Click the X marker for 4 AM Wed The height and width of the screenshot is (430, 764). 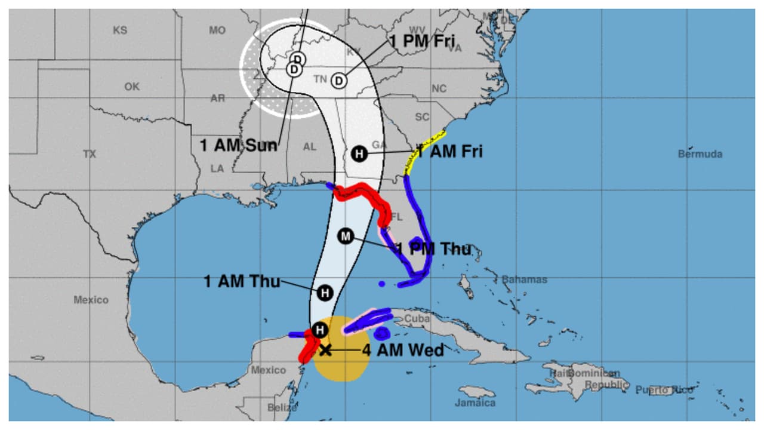[325, 350]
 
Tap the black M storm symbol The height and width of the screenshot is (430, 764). [345, 236]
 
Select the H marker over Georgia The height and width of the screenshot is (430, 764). [359, 153]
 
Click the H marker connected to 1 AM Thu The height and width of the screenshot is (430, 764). [325, 293]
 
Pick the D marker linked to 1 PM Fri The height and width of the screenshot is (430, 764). [339, 81]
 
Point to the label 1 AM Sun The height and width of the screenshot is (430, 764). [238, 145]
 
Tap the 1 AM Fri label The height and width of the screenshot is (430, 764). [449, 152]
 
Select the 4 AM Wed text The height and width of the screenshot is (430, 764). [403, 350]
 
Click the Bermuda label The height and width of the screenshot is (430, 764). [700, 154]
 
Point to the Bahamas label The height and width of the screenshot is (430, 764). [524, 279]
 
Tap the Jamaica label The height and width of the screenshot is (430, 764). [475, 403]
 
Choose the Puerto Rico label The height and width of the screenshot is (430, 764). [664, 390]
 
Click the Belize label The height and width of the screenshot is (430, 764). [282, 408]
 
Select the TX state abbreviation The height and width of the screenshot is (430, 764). [90, 154]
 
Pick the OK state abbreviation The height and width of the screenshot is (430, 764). [132, 87]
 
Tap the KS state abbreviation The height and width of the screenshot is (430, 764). [120, 30]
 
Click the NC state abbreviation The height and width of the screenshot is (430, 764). [439, 89]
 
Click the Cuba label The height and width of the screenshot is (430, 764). [417, 319]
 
